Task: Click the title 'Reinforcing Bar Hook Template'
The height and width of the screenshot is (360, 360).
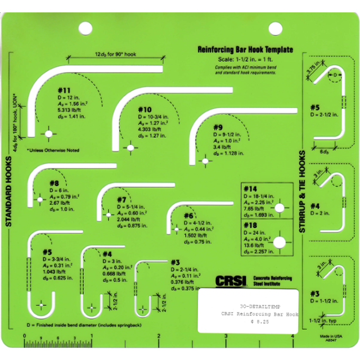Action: point(245,49)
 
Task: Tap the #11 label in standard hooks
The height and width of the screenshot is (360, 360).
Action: point(64,90)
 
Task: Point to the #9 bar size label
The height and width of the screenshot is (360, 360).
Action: point(218,127)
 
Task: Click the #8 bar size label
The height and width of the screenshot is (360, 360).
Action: point(55,183)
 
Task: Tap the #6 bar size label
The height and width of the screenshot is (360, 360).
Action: point(189,215)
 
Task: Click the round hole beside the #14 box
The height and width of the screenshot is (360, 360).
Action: point(280,208)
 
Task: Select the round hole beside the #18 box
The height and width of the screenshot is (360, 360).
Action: point(280,242)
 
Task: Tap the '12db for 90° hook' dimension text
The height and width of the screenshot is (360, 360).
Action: point(116,54)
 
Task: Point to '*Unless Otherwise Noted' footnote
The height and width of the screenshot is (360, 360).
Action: point(53,150)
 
